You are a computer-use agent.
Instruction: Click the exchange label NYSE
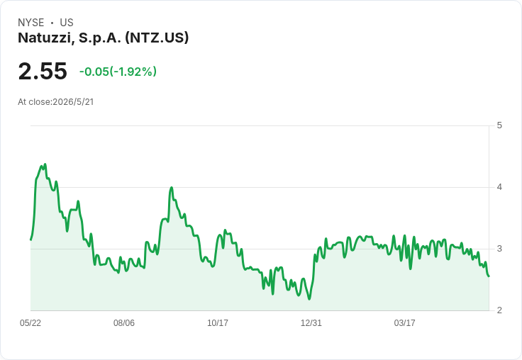(x=31, y=23)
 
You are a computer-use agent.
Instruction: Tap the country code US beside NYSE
(x=67, y=23)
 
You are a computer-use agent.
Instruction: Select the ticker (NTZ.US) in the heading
(x=157, y=38)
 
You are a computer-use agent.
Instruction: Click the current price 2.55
(x=43, y=71)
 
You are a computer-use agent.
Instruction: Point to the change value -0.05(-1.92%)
(x=118, y=72)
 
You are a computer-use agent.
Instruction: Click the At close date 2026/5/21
(x=73, y=102)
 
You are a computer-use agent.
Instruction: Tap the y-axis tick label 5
(x=499, y=125)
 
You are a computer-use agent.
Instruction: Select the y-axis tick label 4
(x=499, y=187)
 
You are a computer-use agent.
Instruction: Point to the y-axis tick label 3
(x=499, y=249)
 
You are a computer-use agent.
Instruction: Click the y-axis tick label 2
(x=499, y=310)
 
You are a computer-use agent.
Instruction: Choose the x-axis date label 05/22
(x=30, y=322)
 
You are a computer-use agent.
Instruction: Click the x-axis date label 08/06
(x=124, y=322)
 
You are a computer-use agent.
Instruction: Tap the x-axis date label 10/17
(x=218, y=322)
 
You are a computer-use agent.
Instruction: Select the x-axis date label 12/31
(x=311, y=322)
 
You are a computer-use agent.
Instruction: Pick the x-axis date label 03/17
(x=404, y=322)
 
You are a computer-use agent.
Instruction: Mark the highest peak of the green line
(x=45, y=164)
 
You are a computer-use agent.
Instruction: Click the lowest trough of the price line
(x=309, y=299)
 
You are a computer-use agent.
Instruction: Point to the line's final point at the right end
(x=489, y=276)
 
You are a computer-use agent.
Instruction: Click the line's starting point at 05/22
(x=31, y=240)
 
